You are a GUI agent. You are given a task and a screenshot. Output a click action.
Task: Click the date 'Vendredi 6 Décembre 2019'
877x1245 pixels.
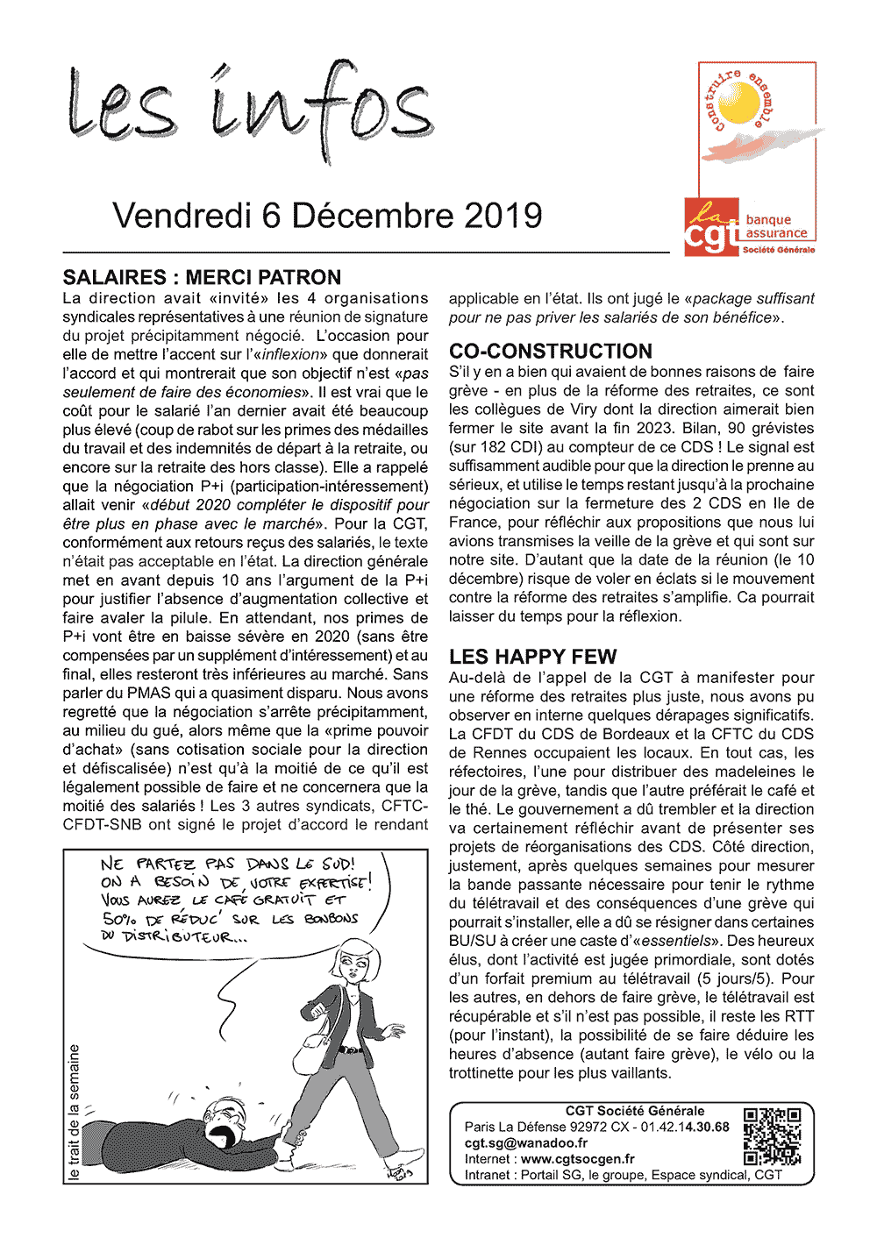point(327,216)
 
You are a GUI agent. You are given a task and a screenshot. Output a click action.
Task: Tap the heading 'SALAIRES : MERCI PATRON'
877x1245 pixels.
point(202,277)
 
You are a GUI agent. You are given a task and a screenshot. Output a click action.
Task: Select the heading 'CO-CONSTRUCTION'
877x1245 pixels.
point(550,351)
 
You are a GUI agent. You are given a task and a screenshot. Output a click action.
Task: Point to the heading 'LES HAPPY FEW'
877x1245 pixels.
point(532,657)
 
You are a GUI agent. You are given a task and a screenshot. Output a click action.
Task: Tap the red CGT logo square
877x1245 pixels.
point(711,225)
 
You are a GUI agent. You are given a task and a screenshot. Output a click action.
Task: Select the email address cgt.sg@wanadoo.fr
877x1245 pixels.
point(526,1143)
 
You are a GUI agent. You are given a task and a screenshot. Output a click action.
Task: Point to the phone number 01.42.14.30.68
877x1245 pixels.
point(685,1127)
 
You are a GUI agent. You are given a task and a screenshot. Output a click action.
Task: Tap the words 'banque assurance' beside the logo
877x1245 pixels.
point(775,227)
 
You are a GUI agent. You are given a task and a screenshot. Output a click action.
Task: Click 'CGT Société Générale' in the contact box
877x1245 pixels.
point(634,1111)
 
